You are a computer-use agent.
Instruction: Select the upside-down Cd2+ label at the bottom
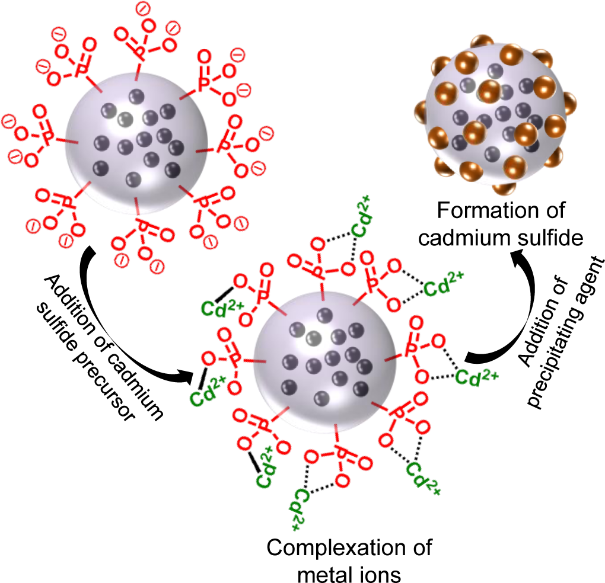pyautogui.click(x=300, y=508)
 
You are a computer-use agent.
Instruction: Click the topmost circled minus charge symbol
pyautogui.click(x=142, y=8)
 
